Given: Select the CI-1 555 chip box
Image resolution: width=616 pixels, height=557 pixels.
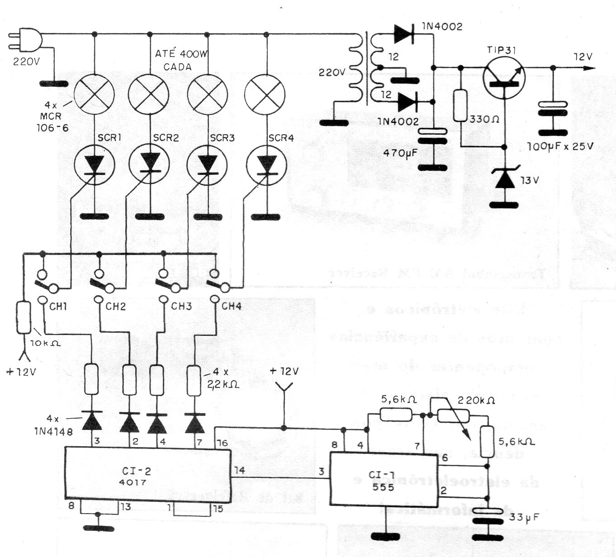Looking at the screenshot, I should [384, 479].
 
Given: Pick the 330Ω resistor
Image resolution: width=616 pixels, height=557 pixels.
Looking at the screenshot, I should [460, 105].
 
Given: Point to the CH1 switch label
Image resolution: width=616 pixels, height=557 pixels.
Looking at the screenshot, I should [58, 307].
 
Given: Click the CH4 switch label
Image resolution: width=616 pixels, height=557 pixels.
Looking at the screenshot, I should [231, 307].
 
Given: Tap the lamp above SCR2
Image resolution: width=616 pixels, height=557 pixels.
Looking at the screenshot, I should [148, 94].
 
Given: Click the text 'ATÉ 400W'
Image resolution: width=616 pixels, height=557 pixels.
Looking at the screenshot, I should [181, 54].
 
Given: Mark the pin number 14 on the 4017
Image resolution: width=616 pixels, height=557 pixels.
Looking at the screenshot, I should [239, 471].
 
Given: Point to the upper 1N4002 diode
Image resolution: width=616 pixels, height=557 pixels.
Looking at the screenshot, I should [404, 33].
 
